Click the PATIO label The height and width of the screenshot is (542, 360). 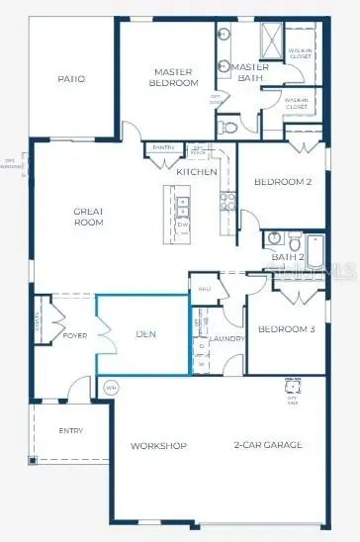pos(70,79)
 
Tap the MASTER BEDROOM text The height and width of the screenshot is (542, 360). pos(177,76)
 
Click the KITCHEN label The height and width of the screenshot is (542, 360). pos(197,172)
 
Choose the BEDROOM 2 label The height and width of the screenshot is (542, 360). pos(283,182)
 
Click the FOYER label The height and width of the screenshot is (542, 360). pos(76,334)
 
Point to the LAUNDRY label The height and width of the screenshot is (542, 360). pos(227,339)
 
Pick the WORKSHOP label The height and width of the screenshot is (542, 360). pos(158,446)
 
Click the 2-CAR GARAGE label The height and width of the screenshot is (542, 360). pos(268,446)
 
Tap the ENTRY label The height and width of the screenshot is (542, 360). pos(70,430)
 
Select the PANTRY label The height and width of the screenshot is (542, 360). pos(163,148)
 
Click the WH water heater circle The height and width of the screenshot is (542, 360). pos(110,387)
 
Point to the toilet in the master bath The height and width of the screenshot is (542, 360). pos(227,126)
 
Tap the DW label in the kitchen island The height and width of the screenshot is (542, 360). pos(182,225)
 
